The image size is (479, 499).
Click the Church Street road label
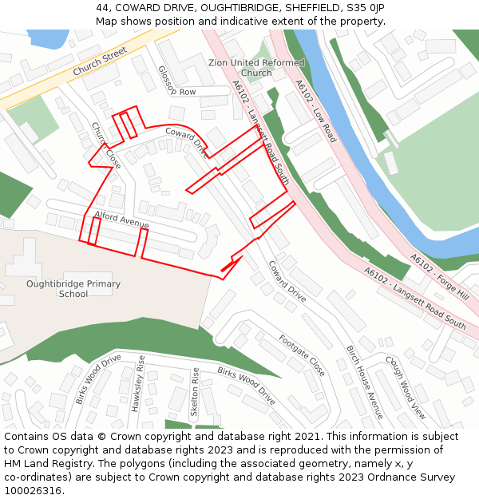click(101, 61)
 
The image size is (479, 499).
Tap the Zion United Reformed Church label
click(256, 68)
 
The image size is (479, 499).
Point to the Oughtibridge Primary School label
click(73, 288)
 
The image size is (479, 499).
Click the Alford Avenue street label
click(122, 221)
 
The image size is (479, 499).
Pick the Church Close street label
click(105, 145)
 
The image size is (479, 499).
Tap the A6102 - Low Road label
click(315, 111)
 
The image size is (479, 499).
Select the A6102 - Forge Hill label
click(439, 275)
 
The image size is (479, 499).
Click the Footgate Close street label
click(302, 355)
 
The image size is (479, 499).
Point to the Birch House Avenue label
click(365, 382)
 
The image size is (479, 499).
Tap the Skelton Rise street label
click(194, 392)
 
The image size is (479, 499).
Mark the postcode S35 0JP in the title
click(366, 7)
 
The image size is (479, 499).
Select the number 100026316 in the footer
click(32, 490)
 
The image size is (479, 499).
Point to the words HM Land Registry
click(42, 463)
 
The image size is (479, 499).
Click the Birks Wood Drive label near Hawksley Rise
click(97, 379)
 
